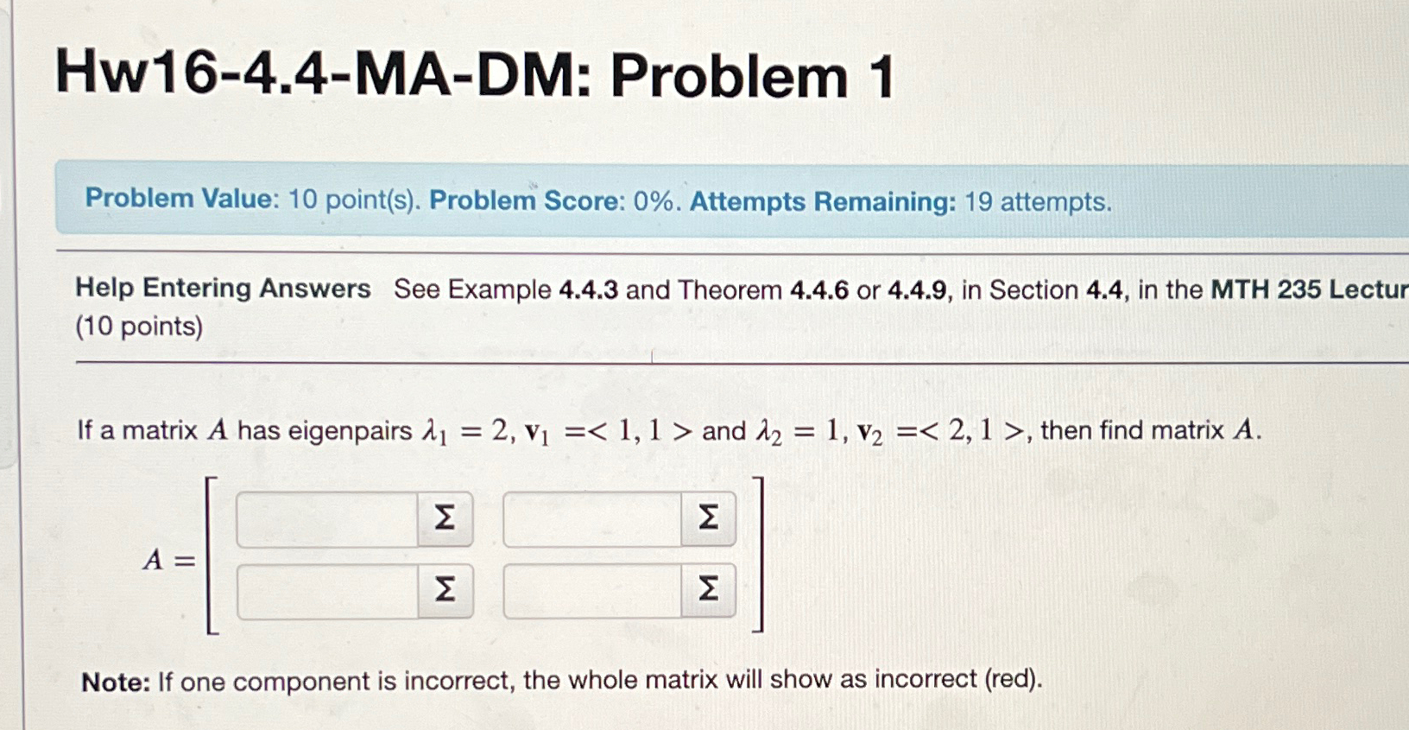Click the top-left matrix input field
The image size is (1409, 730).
[x=326, y=519]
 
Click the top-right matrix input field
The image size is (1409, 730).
[x=591, y=519]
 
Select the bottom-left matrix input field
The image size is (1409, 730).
[x=327, y=592]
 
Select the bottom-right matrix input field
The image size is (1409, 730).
[x=591, y=592]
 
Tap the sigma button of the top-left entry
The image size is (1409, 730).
[x=445, y=518]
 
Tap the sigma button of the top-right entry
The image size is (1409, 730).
[x=708, y=518]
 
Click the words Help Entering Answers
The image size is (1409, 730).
[x=223, y=288]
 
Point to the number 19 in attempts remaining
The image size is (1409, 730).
[x=978, y=202]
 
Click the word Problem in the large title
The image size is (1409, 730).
[x=730, y=78]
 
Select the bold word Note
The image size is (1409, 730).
[x=116, y=682]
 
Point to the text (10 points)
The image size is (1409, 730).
[x=139, y=327]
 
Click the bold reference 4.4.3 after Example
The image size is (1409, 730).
[x=588, y=289]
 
